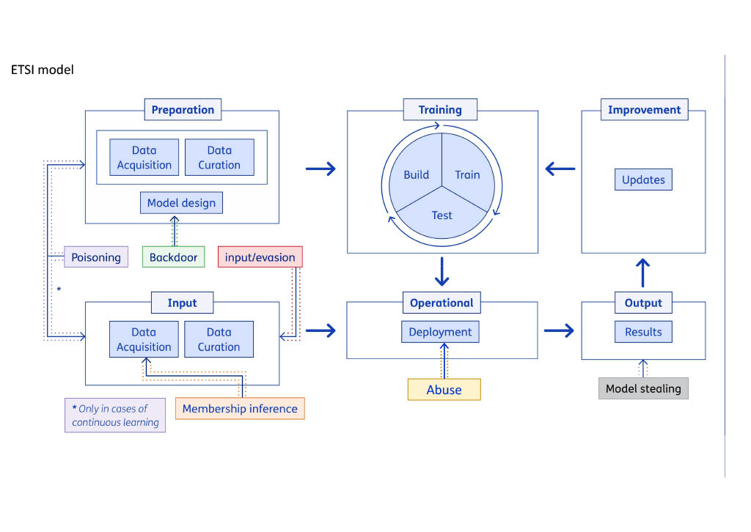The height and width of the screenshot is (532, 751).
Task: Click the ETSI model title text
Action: (43, 70)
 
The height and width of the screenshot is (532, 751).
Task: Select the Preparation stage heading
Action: (183, 110)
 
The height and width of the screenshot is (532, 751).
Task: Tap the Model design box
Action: (181, 203)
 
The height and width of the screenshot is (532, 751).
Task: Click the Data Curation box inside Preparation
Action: (219, 158)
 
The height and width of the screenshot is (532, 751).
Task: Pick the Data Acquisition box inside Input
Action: (144, 339)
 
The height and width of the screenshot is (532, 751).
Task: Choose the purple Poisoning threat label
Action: (96, 257)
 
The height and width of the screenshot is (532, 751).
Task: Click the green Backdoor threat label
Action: (173, 257)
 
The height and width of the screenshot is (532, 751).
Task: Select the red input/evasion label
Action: (260, 257)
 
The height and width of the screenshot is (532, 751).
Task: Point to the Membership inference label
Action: (240, 408)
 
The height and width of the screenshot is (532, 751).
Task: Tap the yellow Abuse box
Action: (444, 390)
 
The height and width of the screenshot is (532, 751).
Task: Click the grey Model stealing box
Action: (643, 388)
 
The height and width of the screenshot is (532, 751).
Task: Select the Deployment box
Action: (440, 332)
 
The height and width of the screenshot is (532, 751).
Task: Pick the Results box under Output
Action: (643, 332)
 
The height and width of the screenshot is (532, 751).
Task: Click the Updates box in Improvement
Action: (643, 180)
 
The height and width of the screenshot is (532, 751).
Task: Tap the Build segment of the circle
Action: (416, 175)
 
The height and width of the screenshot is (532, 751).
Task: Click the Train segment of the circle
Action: (467, 175)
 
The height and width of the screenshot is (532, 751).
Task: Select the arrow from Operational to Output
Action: (559, 331)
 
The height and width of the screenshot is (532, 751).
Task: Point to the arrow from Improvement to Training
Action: (560, 169)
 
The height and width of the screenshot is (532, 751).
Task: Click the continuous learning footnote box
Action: (115, 415)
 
